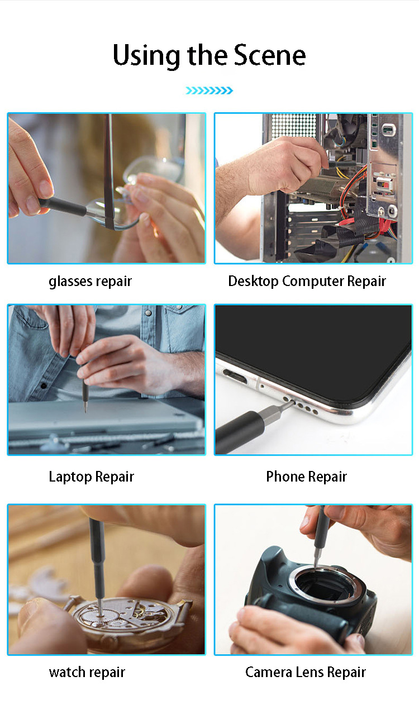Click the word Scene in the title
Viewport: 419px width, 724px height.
(x=270, y=55)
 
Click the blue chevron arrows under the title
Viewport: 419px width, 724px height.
(x=209, y=90)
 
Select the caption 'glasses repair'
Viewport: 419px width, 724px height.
(x=90, y=281)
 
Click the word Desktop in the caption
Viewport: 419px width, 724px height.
(x=253, y=281)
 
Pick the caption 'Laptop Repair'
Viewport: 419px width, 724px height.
(x=91, y=477)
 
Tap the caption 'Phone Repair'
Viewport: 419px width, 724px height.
(x=306, y=477)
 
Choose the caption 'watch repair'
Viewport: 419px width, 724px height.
(x=87, y=672)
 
